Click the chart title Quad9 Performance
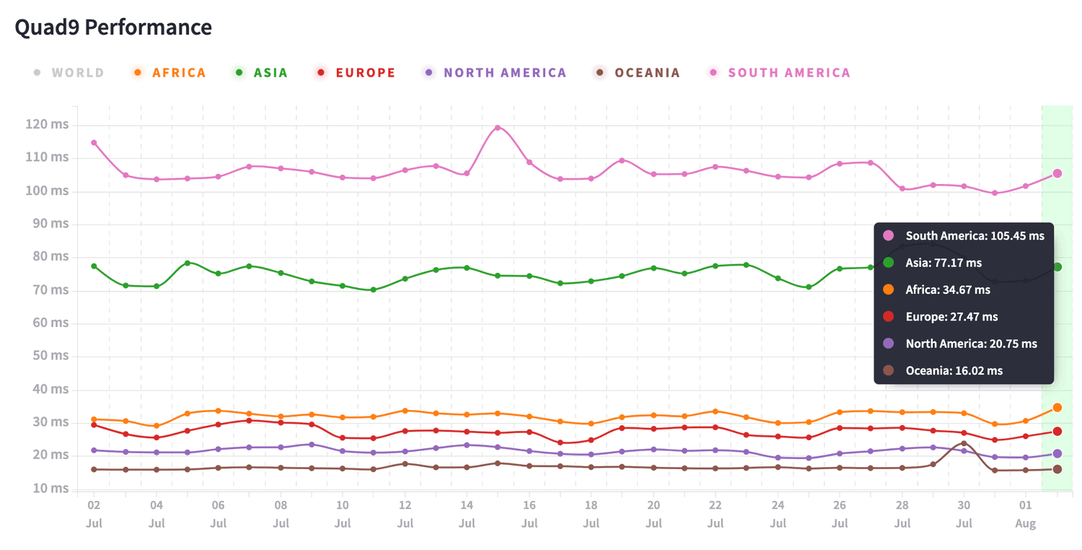tap(113, 27)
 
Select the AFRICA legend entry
tap(178, 73)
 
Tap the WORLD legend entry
tap(77, 73)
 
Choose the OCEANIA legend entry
tap(646, 73)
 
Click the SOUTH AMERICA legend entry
tap(788, 73)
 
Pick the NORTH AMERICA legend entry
tap(504, 73)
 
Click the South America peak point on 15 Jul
tap(498, 128)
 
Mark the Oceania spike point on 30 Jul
tap(964, 444)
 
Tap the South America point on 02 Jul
tap(94, 143)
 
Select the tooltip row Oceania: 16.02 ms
tap(954, 370)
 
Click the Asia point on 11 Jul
tap(373, 290)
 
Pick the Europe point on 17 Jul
tap(560, 442)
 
